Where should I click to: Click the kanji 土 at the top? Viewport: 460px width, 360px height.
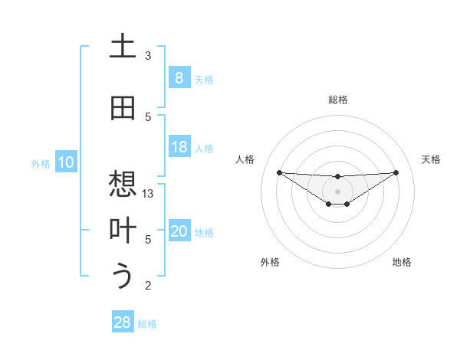coord(123,47)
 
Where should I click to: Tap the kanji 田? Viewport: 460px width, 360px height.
coord(123,108)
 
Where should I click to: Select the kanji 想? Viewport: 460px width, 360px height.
coord(123,185)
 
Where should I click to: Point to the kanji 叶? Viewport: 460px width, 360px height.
coord(123,231)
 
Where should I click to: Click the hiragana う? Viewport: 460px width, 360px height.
coord(123,277)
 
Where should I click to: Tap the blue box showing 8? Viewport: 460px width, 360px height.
coord(179,78)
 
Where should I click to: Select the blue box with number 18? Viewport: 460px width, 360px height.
coord(179,147)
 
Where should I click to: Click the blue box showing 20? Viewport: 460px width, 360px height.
coord(179,231)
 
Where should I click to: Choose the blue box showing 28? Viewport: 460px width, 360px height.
coord(123,322)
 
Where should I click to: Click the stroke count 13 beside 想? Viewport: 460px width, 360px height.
coord(149,194)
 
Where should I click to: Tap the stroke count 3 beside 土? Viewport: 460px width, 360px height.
coord(148,56)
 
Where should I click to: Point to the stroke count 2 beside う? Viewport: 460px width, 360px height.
coord(148,286)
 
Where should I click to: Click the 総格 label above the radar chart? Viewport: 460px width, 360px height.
coord(337,100)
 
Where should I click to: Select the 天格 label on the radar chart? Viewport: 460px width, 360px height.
coord(431,159)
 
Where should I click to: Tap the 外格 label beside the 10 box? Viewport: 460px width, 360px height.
coord(41,163)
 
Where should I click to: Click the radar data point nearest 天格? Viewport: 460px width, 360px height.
coord(396,172)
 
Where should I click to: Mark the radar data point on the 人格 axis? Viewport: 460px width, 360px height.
coord(279,172)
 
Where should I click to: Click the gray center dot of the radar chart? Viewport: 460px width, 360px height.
coord(337,191)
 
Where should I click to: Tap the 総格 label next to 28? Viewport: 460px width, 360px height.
coord(147,323)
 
